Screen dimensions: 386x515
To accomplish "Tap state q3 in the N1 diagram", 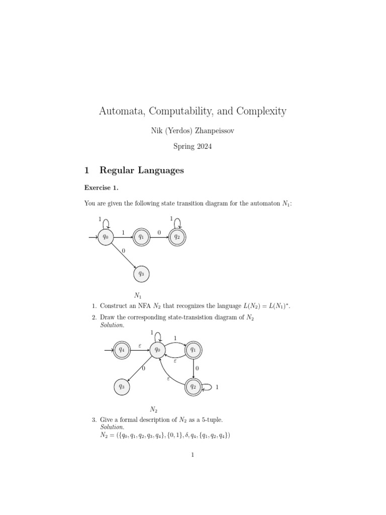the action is (141, 274).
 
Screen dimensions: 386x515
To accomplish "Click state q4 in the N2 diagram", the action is (122, 349).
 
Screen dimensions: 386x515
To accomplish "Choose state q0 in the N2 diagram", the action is (157, 349).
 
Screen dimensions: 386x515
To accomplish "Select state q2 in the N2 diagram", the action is (193, 386).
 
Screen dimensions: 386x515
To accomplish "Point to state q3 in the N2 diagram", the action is (122, 386).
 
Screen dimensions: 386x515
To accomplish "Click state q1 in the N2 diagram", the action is (193, 349).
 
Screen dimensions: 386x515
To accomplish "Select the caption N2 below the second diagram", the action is (154, 409).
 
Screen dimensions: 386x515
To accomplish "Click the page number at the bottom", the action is (193, 455).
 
